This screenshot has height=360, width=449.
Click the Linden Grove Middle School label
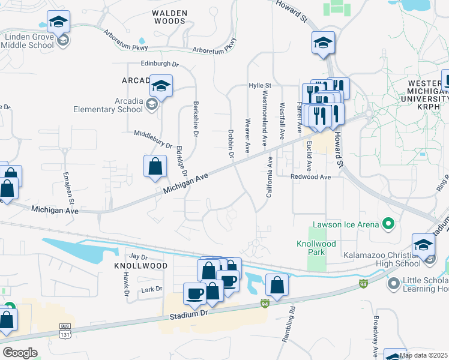pos(30,41)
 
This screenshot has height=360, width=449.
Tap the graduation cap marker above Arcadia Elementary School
pos(161,86)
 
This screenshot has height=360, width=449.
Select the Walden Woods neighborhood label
pos(169,17)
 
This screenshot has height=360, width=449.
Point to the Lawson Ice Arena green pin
pos(388,224)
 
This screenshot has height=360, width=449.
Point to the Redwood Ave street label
pos(310,177)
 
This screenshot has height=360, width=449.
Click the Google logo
pos(19,352)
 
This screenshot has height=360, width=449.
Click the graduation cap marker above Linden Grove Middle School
pos(58,22)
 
